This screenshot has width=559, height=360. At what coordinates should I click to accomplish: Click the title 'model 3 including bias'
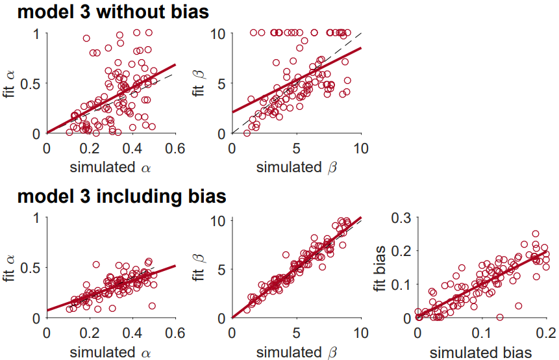[x=121, y=196]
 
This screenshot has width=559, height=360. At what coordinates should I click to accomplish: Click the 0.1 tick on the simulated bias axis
[x=481, y=331]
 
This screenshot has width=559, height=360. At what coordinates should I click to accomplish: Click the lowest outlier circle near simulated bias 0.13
[x=499, y=317]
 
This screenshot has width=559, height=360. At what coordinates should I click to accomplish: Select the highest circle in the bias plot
[x=536, y=234]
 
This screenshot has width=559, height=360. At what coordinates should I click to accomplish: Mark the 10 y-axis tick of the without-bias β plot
[x=221, y=33]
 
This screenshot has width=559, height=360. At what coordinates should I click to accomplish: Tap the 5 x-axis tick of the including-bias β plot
[x=296, y=331]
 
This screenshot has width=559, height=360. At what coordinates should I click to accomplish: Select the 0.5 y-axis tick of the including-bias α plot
[x=31, y=267]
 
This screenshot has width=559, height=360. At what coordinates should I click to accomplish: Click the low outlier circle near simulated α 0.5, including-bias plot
[x=152, y=305]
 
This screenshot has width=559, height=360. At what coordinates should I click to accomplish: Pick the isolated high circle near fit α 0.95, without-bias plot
[x=86, y=38]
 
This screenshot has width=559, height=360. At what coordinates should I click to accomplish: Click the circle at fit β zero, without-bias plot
[x=247, y=133]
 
